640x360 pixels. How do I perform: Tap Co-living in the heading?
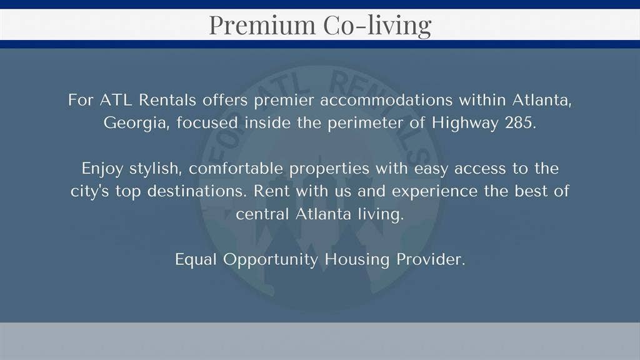377,25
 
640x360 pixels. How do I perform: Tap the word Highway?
465,122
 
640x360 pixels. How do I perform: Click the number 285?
519,122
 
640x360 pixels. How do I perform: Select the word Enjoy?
102,169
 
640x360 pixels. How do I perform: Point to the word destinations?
199,191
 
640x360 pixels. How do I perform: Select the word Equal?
196,259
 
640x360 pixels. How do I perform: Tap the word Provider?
431,259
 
